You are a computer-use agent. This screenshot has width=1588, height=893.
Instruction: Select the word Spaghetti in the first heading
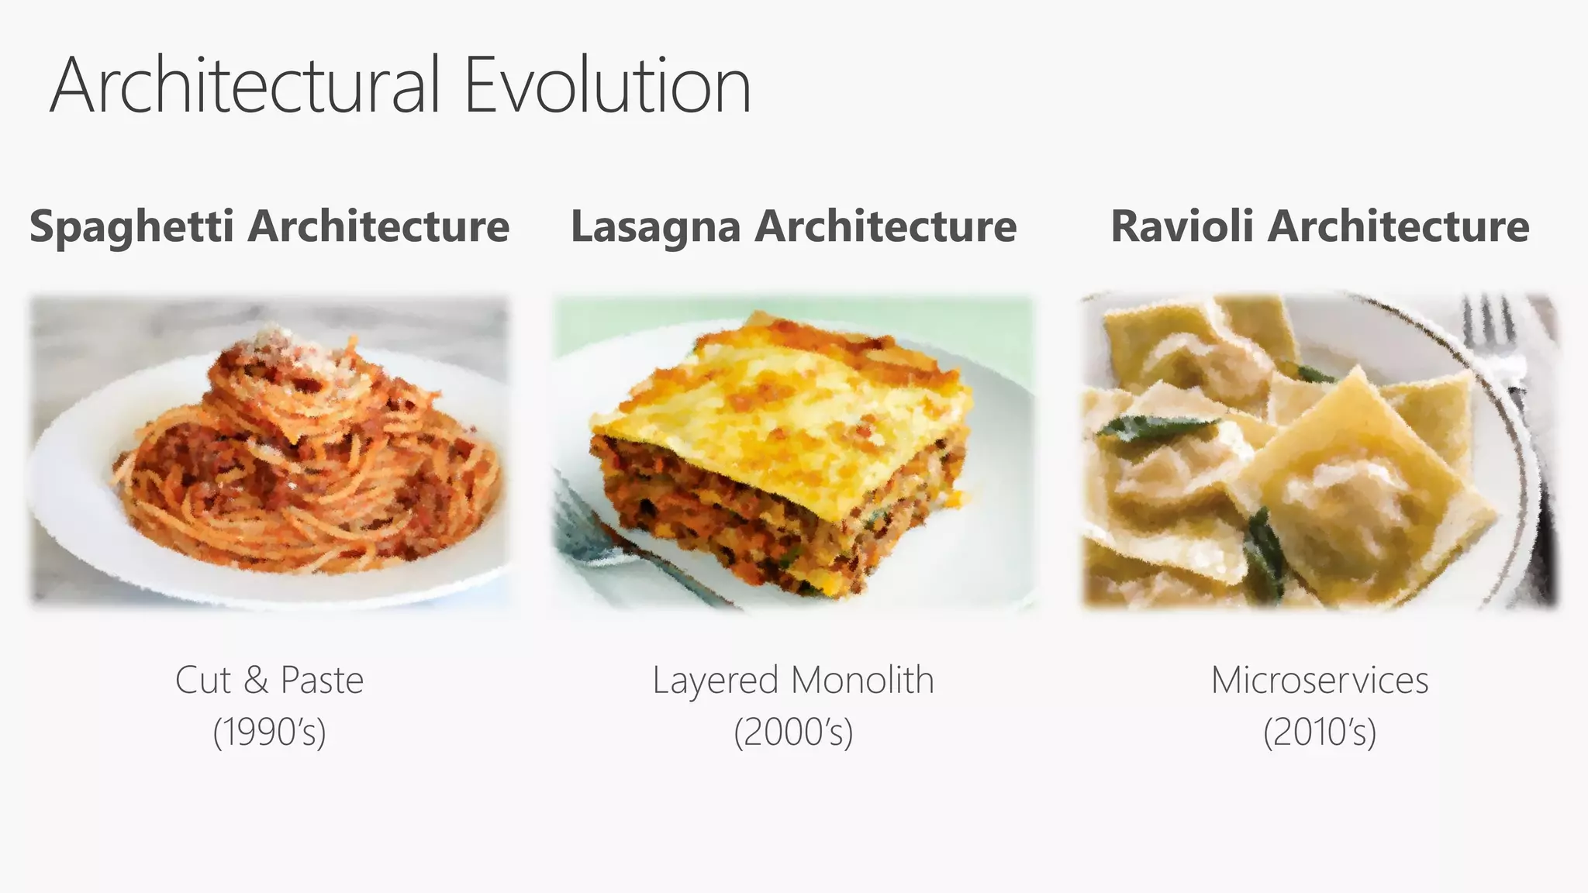131,227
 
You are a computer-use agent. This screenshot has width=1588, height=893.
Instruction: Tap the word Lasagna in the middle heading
655,227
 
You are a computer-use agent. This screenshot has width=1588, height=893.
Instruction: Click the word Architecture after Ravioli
1399,226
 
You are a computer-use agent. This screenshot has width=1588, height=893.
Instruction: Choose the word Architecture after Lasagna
885,226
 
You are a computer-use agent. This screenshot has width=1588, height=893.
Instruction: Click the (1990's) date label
269,732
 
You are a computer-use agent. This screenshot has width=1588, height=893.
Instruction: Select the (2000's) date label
793,732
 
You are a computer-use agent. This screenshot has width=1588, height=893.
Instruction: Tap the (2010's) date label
1319,732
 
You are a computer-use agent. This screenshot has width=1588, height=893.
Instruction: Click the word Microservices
1319,681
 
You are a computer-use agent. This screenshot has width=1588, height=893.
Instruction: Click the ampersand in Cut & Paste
256,681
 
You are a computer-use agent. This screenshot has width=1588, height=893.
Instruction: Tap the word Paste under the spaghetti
321,681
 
